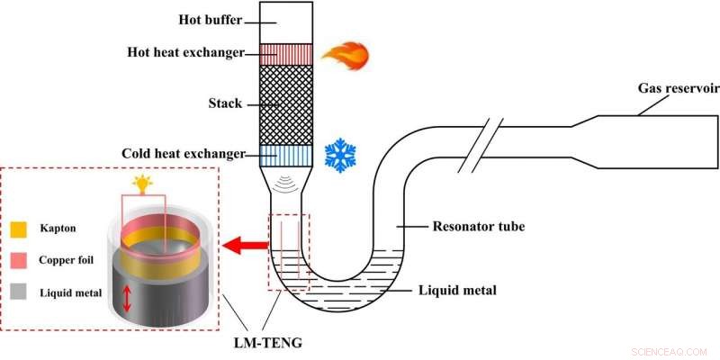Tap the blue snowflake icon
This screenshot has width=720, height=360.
pyautogui.click(x=341, y=156)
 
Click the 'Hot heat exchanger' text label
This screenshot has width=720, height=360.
pyautogui.click(x=185, y=53)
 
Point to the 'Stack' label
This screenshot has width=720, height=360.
pyautogui.click(x=225, y=103)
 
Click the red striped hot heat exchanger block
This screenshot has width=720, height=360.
pyautogui.click(x=286, y=54)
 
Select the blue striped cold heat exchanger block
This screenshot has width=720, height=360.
pyautogui.click(x=286, y=156)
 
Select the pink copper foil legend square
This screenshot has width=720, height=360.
pyautogui.click(x=22, y=260)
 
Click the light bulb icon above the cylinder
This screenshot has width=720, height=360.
pyautogui.click(x=142, y=184)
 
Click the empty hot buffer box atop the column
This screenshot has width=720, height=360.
pyautogui.click(x=286, y=22)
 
